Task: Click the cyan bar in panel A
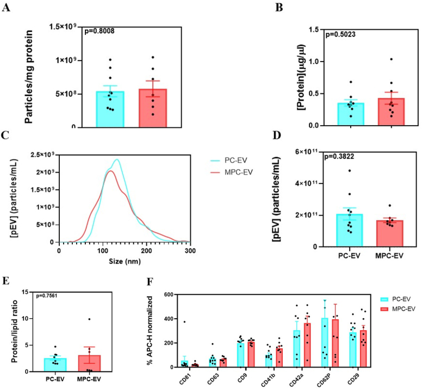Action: [110, 109]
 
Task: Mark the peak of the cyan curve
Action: [116, 159]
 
